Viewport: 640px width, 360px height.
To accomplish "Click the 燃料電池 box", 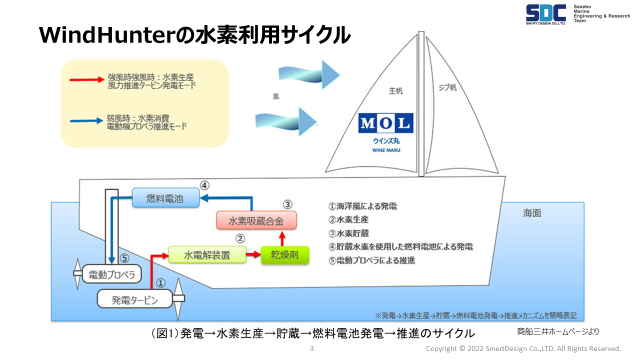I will tap(165, 198).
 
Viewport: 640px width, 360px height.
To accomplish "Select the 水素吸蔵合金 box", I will tap(256, 220).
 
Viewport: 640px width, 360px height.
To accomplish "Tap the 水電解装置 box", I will tap(207, 255).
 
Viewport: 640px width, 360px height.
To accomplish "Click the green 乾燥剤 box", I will tap(285, 255).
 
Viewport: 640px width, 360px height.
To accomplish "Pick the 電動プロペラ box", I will tap(111, 274).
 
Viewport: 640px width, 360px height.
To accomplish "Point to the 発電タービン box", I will tap(135, 299).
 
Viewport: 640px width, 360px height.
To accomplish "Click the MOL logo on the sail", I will tap(386, 123).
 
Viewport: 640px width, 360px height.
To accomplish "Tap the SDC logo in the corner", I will tap(545, 13).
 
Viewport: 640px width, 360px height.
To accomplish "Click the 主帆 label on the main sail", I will tap(395, 91).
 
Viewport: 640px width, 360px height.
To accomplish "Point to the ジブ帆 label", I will tap(447, 88).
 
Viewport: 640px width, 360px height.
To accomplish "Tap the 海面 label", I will tap(532, 213).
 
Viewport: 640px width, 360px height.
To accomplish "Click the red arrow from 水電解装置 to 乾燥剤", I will tap(254, 255).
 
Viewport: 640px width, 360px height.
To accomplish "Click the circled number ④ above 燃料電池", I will tap(204, 185).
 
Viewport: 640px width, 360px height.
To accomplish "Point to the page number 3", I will tap(312, 348).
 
